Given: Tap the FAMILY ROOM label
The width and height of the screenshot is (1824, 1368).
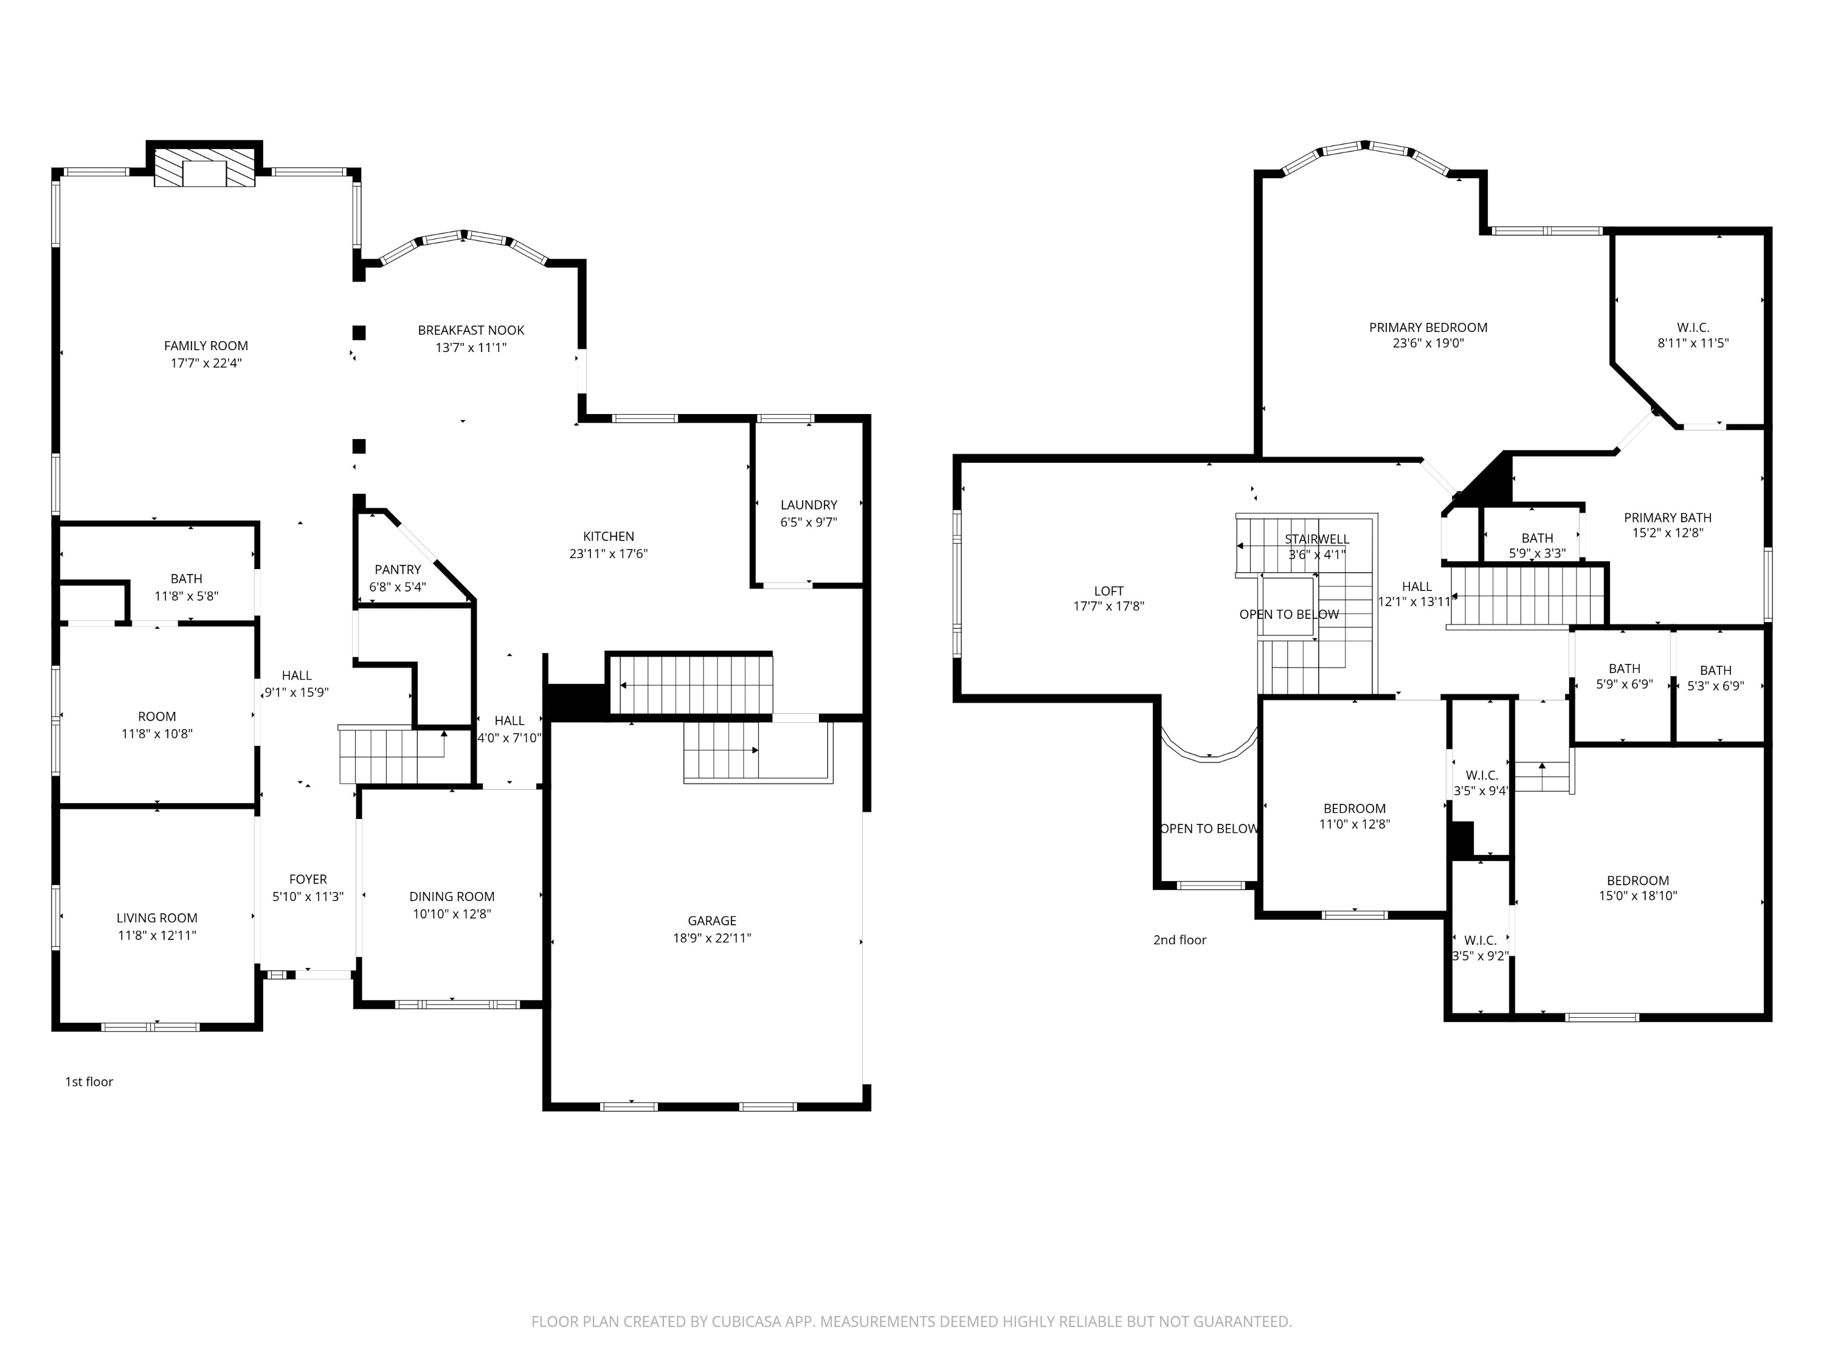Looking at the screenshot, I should tap(206, 345).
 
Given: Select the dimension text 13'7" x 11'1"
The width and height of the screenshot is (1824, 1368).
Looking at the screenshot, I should tap(471, 347).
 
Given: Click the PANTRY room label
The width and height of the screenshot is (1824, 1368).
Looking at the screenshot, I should tap(398, 569).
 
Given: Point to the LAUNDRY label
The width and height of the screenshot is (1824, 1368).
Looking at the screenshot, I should tap(808, 505).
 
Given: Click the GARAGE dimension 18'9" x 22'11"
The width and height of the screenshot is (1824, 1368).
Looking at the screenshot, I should tap(711, 938).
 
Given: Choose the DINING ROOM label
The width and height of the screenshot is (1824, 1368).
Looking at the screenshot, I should tap(452, 896).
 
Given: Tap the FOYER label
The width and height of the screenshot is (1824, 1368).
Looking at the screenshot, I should tap(308, 879).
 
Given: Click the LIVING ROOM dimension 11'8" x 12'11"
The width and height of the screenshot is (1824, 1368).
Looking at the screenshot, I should tap(157, 935).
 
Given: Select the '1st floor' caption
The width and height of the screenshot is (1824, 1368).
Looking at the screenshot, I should tap(89, 1082).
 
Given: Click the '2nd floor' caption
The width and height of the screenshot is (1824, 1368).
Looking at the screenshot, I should tap(1179, 940).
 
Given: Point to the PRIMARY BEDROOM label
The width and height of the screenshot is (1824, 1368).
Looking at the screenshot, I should tap(1428, 327).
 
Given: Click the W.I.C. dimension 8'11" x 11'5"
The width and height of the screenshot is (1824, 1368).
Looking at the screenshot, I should tap(1693, 343).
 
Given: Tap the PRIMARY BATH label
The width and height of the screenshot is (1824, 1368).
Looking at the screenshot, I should tap(1667, 517).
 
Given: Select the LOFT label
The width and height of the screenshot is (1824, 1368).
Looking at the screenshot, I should tap(1108, 590).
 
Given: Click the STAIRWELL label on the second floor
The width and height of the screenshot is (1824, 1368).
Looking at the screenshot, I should tap(1316, 539).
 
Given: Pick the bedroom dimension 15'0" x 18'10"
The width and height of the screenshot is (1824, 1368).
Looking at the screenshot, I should tap(1637, 896).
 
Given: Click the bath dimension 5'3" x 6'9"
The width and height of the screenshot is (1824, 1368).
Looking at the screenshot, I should tap(1715, 686).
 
